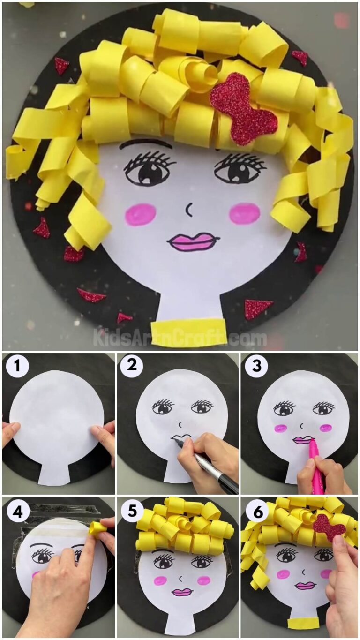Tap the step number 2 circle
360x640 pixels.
(132, 366)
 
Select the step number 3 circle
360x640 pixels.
(256, 366)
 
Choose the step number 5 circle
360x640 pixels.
(132, 511)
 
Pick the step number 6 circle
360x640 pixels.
(256, 511)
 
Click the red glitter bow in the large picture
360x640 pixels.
(243, 108)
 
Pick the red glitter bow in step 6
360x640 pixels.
(329, 527)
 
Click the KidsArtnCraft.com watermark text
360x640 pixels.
(180, 338)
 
